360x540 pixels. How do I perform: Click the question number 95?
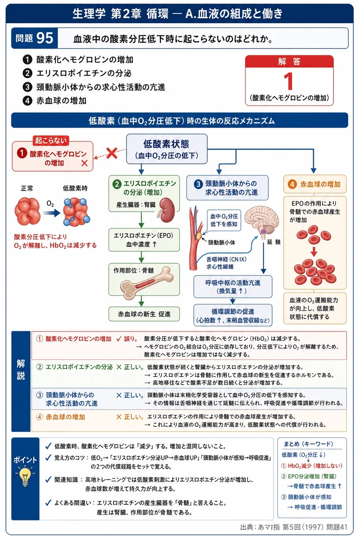click(x=45, y=38)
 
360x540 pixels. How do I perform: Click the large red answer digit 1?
click(x=289, y=81)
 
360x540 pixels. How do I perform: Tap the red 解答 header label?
click(x=290, y=62)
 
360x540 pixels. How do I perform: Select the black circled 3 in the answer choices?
click(x=27, y=87)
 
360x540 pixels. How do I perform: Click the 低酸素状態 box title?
click(x=166, y=144)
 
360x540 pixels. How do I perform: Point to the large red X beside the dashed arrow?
click(x=112, y=153)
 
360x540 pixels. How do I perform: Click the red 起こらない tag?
click(x=51, y=140)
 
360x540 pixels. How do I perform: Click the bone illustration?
click(x=147, y=283)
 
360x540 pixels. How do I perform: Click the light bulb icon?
click(x=25, y=477)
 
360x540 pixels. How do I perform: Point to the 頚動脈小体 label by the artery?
click(x=221, y=243)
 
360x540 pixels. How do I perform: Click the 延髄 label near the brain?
click(x=273, y=242)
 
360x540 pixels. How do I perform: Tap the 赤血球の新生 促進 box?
click(x=144, y=314)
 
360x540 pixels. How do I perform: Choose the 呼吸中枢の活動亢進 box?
click(x=233, y=286)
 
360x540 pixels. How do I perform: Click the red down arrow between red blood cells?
click(x=314, y=251)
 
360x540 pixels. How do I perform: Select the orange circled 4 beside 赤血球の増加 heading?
click(x=292, y=184)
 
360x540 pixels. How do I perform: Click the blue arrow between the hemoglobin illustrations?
click(x=51, y=213)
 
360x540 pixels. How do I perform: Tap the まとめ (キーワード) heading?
click(x=309, y=444)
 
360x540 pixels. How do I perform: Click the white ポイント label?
click(x=25, y=460)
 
